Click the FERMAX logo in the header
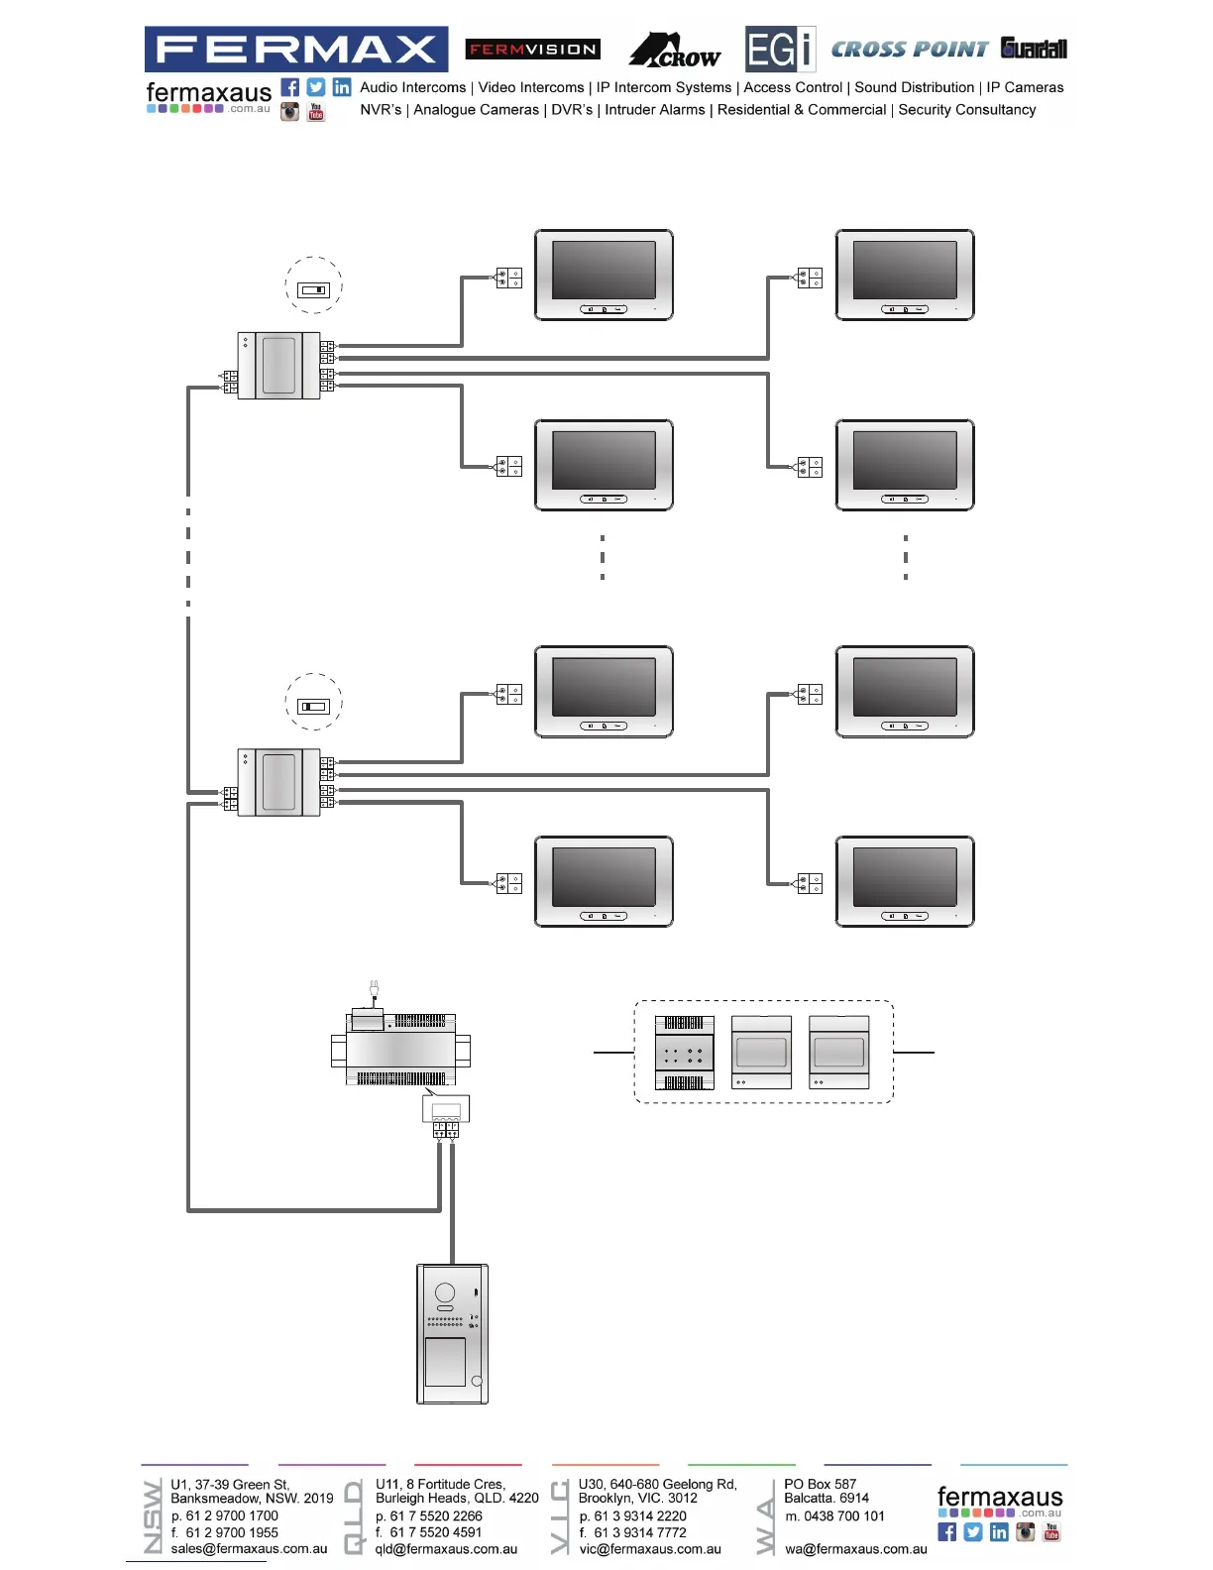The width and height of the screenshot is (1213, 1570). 295,49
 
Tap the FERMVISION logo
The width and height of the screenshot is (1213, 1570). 533,49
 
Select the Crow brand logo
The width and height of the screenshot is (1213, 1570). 676,51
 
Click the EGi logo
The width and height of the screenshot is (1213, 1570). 780,50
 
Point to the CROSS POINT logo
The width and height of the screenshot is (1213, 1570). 909,50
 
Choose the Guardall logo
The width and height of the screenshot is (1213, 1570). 1034,49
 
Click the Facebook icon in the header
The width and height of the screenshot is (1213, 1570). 289,87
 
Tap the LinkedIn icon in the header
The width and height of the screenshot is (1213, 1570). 342,87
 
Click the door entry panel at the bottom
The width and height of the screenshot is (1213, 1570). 452,1333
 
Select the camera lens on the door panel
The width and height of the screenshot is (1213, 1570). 445,1291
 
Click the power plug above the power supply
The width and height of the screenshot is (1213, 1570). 374,988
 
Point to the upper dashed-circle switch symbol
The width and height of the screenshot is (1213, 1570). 313,289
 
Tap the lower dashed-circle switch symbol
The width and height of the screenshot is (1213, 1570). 313,706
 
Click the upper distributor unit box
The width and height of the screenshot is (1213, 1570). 278,366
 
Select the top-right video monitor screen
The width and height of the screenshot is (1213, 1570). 905,270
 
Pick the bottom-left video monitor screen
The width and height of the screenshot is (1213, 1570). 604,877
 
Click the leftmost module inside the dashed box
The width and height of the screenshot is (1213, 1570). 684,1053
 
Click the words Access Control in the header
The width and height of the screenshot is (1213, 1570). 793,87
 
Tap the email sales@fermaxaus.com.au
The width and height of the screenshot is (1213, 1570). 249,1548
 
